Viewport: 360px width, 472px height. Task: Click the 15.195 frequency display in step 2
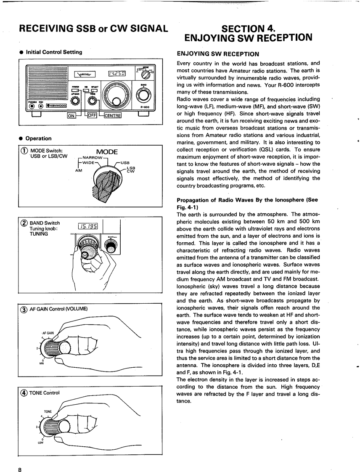[88, 227]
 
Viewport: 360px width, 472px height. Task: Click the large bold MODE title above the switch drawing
[107, 152]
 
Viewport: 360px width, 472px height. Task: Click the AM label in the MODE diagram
[79, 170]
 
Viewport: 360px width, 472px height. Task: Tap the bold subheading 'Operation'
[39, 138]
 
